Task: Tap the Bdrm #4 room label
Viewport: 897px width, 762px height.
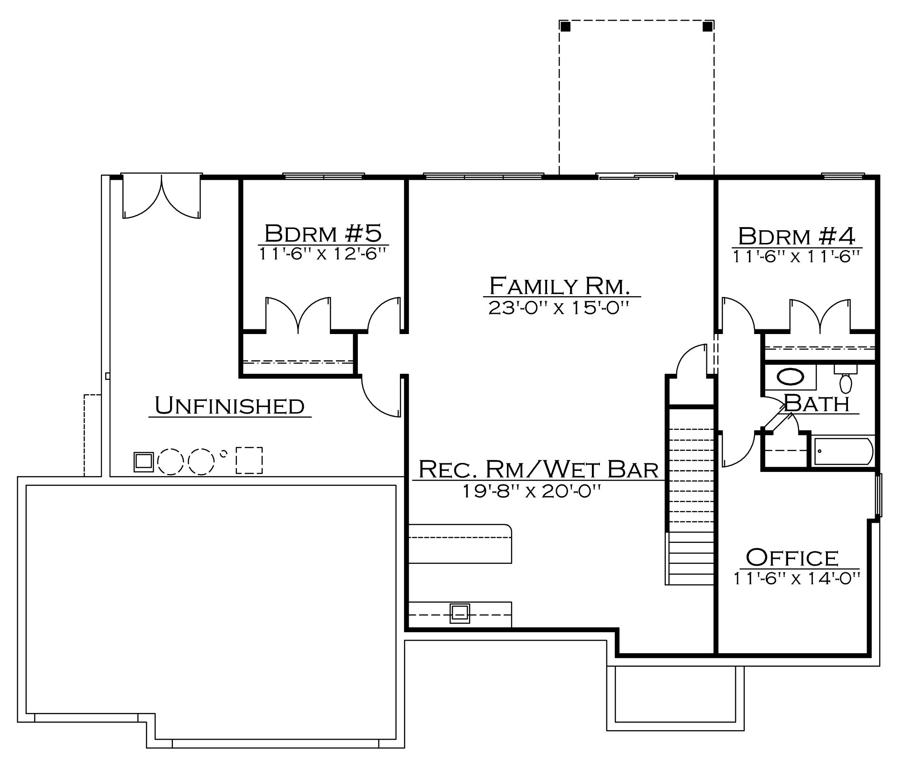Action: (797, 236)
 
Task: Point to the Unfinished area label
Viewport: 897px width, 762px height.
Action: (229, 406)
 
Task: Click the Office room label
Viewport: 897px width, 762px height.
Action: (792, 557)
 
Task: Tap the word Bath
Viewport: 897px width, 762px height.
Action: (817, 403)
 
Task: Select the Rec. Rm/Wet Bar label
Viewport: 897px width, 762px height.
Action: (538, 469)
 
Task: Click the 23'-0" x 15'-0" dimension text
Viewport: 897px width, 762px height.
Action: (559, 308)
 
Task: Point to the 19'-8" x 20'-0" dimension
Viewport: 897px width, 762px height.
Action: (531, 491)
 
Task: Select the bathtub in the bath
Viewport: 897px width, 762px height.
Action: (844, 451)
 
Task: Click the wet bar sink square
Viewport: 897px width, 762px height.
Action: (460, 613)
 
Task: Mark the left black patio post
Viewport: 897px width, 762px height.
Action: (565, 26)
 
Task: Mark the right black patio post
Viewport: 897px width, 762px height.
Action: (708, 26)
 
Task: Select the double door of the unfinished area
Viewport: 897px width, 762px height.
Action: (162, 197)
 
